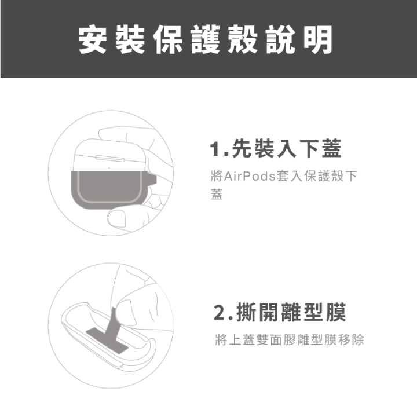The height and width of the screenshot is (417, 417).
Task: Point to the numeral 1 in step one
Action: tap(215, 151)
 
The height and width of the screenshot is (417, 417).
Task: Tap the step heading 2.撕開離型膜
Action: tap(280, 313)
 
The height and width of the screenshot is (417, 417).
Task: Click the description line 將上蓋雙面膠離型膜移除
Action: tap(289, 340)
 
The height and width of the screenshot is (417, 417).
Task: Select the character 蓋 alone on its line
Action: tap(216, 195)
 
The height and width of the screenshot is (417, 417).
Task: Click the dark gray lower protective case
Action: tap(104, 189)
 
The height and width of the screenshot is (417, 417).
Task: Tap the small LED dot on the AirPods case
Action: tap(109, 168)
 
